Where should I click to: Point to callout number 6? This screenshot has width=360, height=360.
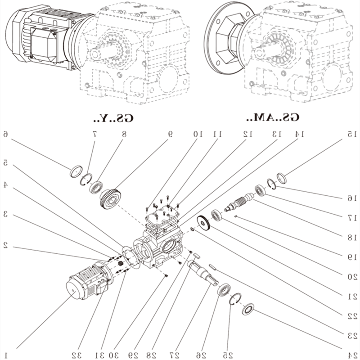click(6, 134)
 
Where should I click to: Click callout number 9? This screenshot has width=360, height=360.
click(171, 134)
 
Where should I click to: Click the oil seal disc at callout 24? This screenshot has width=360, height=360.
click(248, 310)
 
